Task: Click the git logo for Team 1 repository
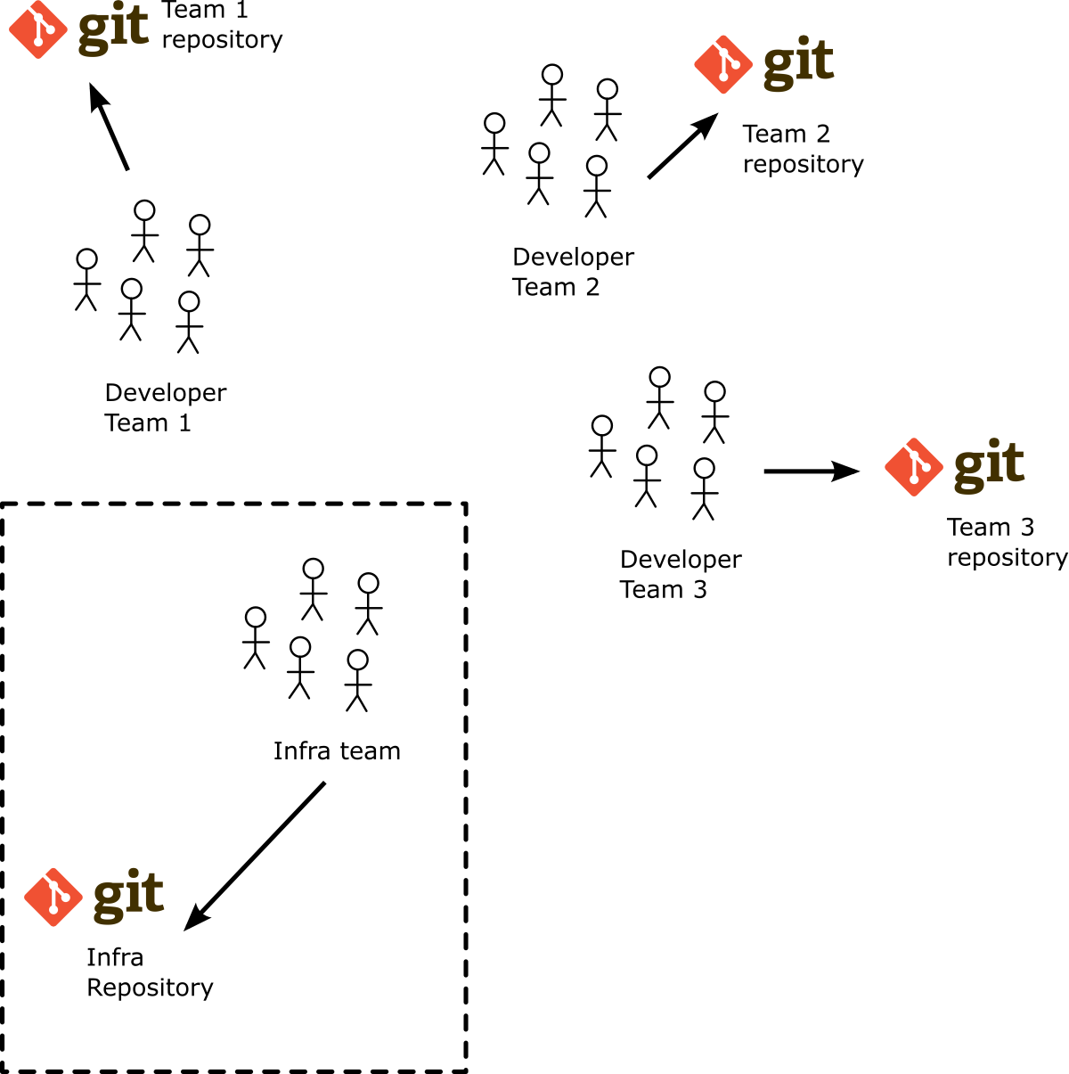pyautogui.click(x=78, y=30)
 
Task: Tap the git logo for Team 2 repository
pyautogui.click(x=764, y=64)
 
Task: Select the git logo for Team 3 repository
pyautogui.click(x=954, y=466)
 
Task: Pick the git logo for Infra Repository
pyautogui.click(x=94, y=897)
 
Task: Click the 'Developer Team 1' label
pyautogui.click(x=165, y=407)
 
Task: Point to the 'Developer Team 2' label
pyautogui.click(x=573, y=272)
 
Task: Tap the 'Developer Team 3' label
pyautogui.click(x=680, y=574)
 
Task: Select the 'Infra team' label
pyautogui.click(x=337, y=751)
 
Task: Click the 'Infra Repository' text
pyautogui.click(x=150, y=972)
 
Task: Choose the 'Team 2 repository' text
pyautogui.click(x=803, y=149)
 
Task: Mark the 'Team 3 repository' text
pyautogui.click(x=1007, y=542)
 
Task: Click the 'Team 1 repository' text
pyautogui.click(x=222, y=26)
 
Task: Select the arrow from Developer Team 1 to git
pyautogui.click(x=110, y=127)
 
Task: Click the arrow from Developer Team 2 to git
pyautogui.click(x=682, y=146)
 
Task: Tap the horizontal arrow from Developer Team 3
pyautogui.click(x=811, y=471)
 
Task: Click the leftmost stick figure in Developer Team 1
pyautogui.click(x=86, y=280)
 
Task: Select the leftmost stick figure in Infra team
pyautogui.click(x=256, y=638)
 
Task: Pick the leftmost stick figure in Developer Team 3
pyautogui.click(x=602, y=447)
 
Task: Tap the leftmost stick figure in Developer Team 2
pyautogui.click(x=494, y=144)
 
